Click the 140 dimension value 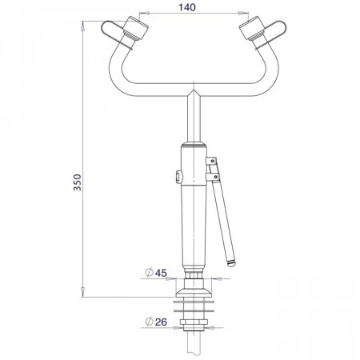pos(187,7)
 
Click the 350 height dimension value pos(78,182)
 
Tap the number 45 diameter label pos(161,273)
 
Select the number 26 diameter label pos(161,322)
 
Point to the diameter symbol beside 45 pos(149,273)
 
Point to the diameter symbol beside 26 pos(149,322)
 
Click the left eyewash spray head pos(136,28)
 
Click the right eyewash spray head pos(252,28)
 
